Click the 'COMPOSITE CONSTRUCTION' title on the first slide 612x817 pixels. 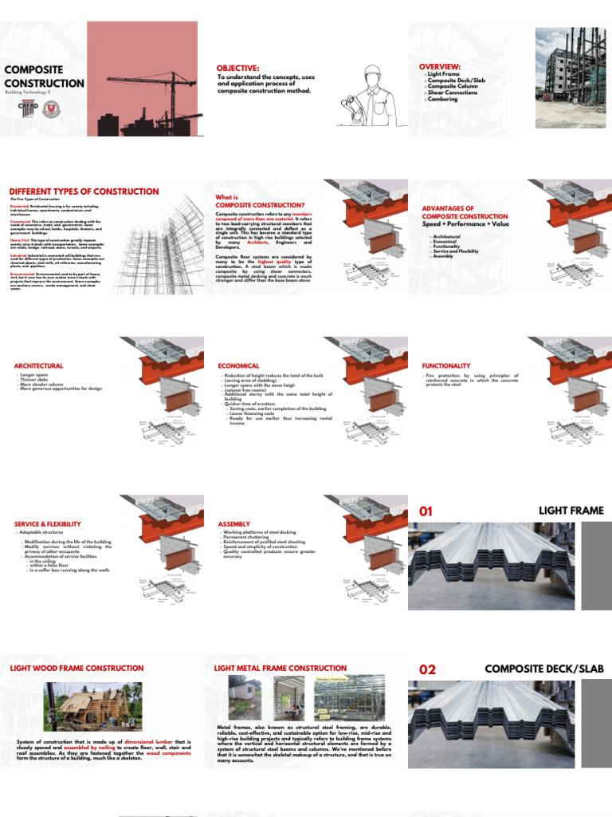pyautogui.click(x=44, y=77)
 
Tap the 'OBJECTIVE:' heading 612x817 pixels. pyautogui.click(x=237, y=68)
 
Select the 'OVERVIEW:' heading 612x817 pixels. pyautogui.click(x=440, y=66)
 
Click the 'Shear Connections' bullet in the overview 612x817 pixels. pyautogui.click(x=453, y=93)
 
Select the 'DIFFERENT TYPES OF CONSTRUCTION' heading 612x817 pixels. pyautogui.click(x=84, y=191)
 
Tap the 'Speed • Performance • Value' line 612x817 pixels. pyautogui.click(x=465, y=224)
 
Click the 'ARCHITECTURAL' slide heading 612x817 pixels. pyautogui.click(x=38, y=365)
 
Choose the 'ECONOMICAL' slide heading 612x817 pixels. pyautogui.click(x=239, y=365)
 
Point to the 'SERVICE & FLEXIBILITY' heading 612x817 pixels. pyautogui.click(x=48, y=523)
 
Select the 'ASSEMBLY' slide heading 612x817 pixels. pyautogui.click(x=234, y=523)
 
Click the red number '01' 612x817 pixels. pyautogui.click(x=426, y=511)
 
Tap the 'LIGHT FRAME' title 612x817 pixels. pyautogui.click(x=571, y=511)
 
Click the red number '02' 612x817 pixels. pyautogui.click(x=428, y=669)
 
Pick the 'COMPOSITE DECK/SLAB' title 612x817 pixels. pyautogui.click(x=544, y=669)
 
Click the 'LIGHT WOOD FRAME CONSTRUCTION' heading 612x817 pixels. pyautogui.click(x=76, y=668)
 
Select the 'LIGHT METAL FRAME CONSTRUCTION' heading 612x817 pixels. pyautogui.click(x=280, y=668)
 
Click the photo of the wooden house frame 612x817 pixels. pyautogui.click(x=92, y=707)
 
